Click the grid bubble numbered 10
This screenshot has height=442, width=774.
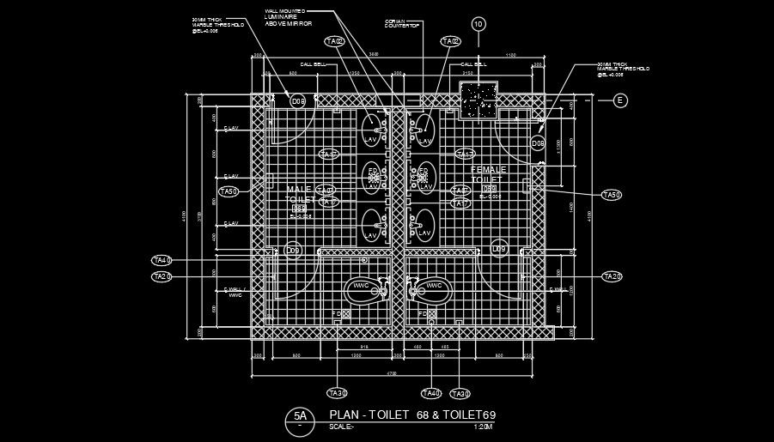coord(478,24)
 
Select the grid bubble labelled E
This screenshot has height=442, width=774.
coord(621,100)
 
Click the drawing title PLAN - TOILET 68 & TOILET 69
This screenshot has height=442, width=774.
coord(412,415)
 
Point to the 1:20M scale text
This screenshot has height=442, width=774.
coord(485,427)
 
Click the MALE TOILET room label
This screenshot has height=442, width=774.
coord(300,194)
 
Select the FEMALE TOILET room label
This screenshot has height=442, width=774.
coord(490,175)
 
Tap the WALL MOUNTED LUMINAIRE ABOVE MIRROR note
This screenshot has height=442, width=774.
coord(288,17)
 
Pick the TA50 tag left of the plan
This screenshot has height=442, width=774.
coord(228,191)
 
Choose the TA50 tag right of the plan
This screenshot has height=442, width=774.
coord(611,196)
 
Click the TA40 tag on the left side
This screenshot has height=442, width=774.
coord(162,260)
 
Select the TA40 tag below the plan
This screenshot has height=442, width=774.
coord(431,393)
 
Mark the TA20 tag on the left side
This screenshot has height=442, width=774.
coord(162,276)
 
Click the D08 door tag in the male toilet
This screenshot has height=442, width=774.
coord(298,101)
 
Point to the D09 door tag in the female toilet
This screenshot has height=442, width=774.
coord(499,250)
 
